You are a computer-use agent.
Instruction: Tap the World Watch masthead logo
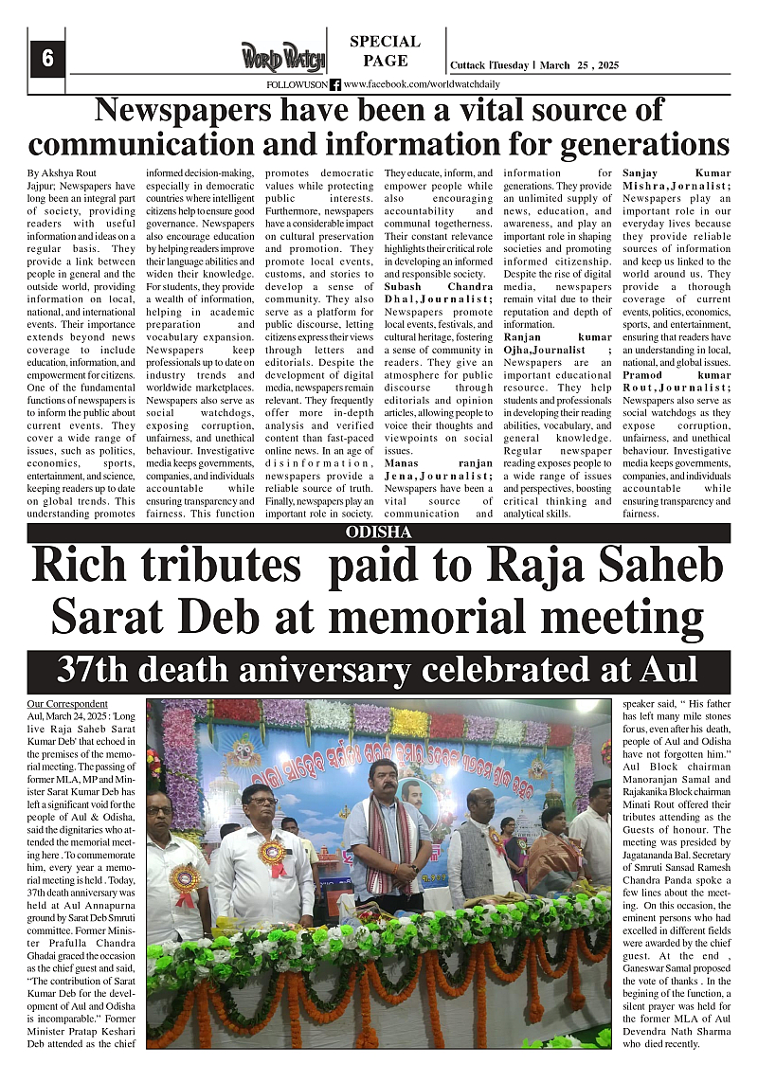click(x=282, y=57)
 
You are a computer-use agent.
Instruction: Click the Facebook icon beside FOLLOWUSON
click(x=335, y=84)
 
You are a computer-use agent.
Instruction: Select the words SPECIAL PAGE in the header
click(x=385, y=51)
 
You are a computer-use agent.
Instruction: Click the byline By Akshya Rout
click(x=62, y=174)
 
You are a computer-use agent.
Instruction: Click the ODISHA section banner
click(x=379, y=532)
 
